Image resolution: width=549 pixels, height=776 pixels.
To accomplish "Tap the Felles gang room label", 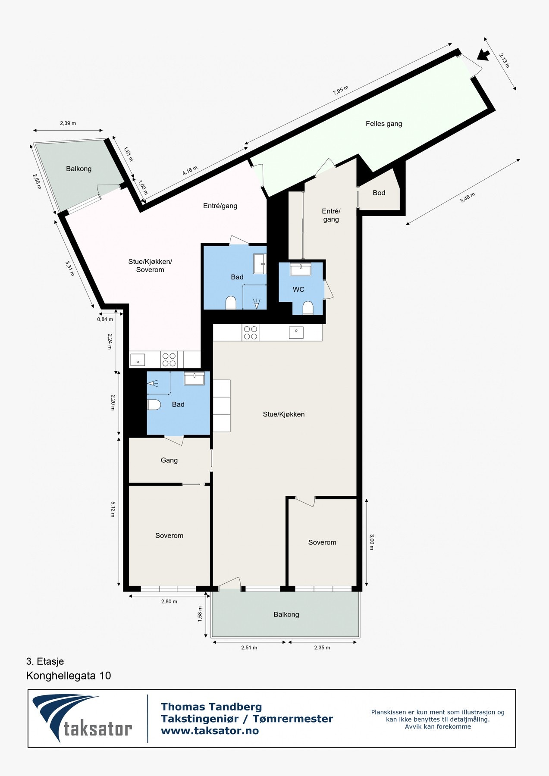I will coord(384,124).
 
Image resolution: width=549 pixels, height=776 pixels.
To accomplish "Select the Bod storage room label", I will coord(379,193).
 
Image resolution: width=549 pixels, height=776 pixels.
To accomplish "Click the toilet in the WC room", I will coord(307,307).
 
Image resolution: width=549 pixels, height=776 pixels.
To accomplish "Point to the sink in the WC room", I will coord(301,269).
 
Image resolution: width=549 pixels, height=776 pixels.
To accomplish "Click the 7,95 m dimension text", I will coord(340,91).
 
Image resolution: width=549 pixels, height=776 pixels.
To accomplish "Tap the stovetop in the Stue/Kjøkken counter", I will coord(251,333).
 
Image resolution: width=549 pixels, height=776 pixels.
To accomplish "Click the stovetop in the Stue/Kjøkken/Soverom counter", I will coord(169,359).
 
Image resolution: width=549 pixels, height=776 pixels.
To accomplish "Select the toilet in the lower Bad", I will coord(154,404).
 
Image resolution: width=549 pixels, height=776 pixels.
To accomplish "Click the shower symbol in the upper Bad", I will coord(257,304).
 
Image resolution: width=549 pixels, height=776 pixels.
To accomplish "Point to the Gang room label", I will coord(169,460).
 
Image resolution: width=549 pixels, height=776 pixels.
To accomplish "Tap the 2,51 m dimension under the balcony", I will coord(249,648).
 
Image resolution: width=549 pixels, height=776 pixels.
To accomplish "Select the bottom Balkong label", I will coord(286,614).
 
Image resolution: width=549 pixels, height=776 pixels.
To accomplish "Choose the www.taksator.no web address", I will coord(210,731).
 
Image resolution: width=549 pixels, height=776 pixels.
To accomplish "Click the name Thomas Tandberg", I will coord(211,707).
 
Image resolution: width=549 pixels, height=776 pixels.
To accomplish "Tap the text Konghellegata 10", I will coord(69,676).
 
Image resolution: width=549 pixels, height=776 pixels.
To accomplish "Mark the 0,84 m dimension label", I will coord(105,319).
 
